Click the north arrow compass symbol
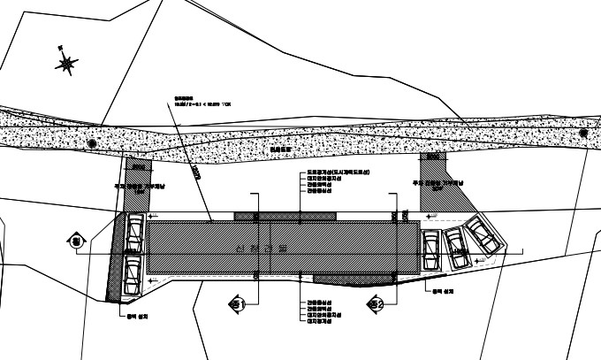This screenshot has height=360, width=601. click(65, 64)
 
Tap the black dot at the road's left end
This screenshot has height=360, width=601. click(92, 143)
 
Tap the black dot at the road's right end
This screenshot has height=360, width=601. click(582, 133)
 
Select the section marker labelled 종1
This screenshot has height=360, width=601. click(236, 304)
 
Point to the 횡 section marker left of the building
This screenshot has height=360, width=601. click(75, 241)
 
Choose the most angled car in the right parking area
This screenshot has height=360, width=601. click(483, 234)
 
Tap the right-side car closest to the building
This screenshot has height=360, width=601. click(431, 250)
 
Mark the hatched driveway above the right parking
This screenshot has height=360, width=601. click(434, 181)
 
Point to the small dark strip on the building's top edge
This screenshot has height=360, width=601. click(284, 215)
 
